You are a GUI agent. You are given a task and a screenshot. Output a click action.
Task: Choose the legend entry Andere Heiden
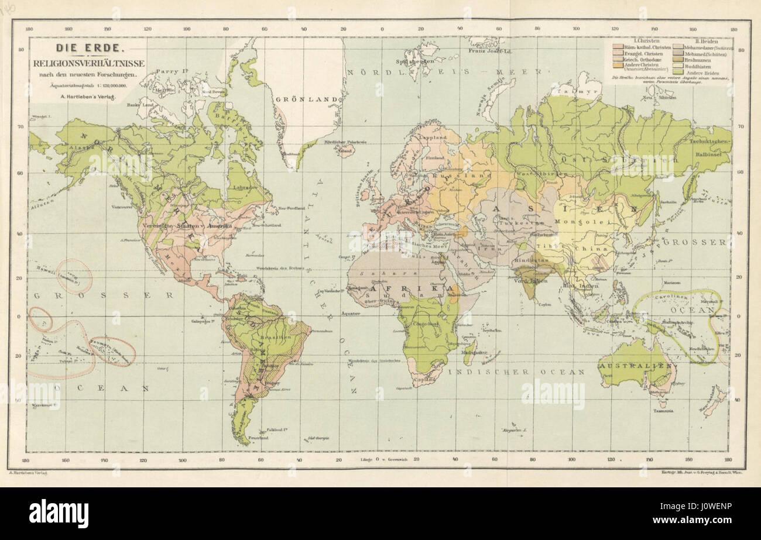click(x=703, y=72)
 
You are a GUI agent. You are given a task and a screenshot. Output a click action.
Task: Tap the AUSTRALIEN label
click(x=634, y=366)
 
